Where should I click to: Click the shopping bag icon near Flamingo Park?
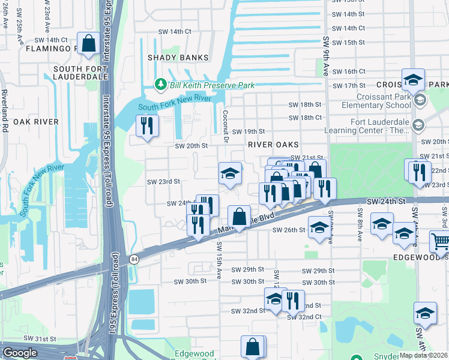click(88, 44)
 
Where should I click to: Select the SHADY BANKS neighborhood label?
click(178, 58)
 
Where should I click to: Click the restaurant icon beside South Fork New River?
click(146, 126)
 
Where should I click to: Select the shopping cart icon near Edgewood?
click(440, 242)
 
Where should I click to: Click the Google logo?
click(20, 353)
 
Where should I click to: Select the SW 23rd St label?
click(163, 181)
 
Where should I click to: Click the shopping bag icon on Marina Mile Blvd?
click(239, 216)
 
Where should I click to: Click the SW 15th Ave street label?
click(220, 260)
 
